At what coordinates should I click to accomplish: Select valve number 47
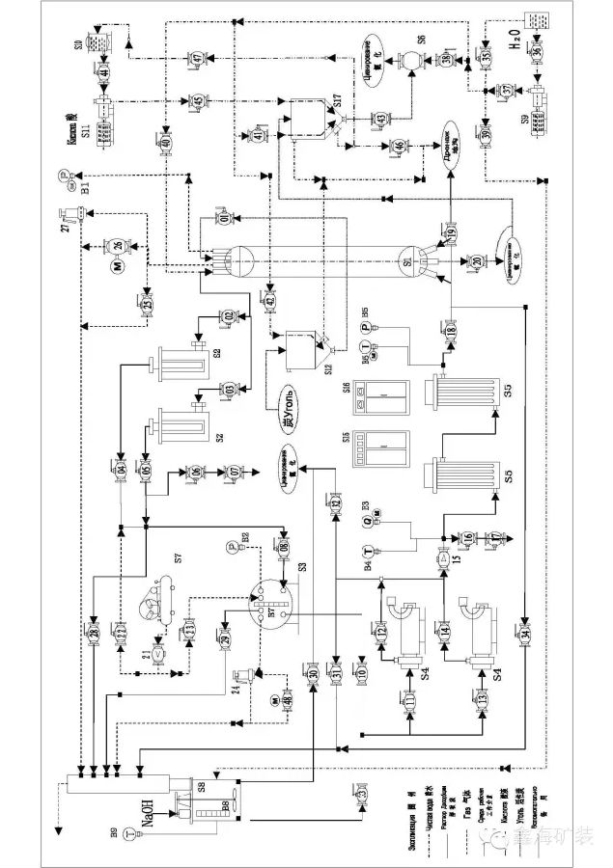[x=198, y=60]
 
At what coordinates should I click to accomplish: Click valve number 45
[x=198, y=101]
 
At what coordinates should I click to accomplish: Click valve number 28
[x=94, y=634]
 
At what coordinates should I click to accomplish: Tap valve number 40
[x=165, y=143]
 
